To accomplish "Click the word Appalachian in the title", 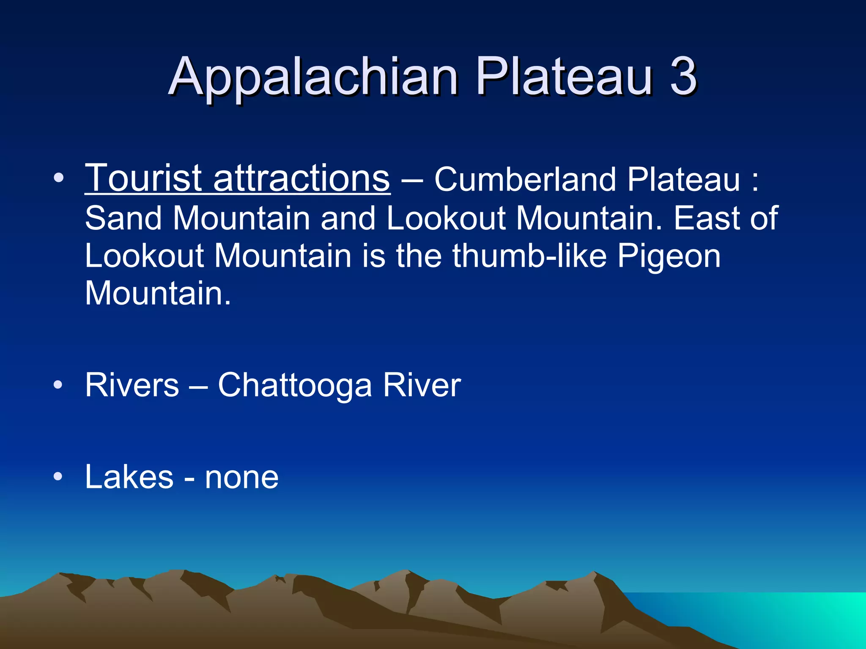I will tap(313, 77).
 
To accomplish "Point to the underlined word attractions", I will tap(301, 178).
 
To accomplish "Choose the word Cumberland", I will tap(525, 180).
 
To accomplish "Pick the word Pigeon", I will tap(669, 256).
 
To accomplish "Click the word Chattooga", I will tap(295, 385).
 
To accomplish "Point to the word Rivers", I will tap(132, 385).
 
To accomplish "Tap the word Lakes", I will tap(129, 477).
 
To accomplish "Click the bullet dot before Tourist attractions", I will tap(59, 178).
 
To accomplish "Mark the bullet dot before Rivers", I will tap(59, 385).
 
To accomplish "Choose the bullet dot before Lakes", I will tap(59, 477).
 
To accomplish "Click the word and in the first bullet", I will tap(348, 218).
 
